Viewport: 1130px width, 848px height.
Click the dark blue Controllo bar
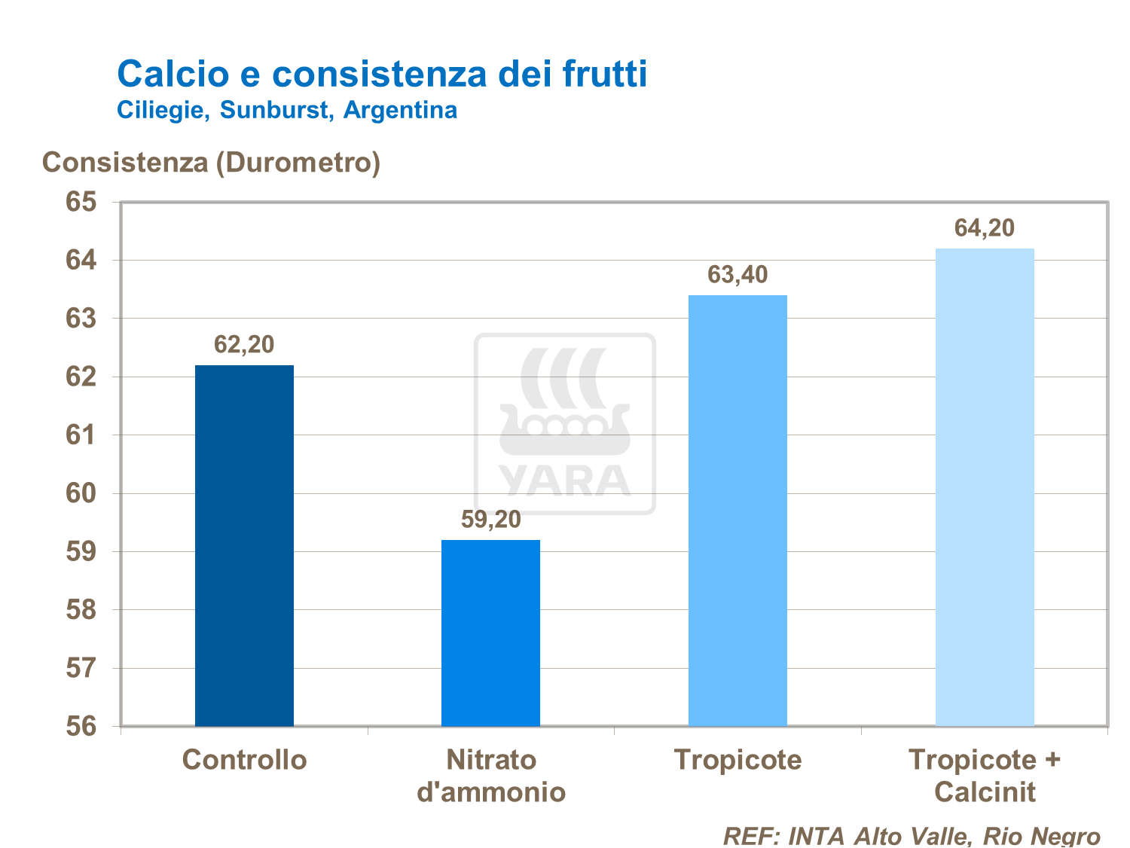point(244,545)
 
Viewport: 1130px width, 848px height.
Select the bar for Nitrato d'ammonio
point(490,633)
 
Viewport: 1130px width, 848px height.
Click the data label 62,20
point(244,345)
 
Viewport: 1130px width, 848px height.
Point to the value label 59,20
point(490,520)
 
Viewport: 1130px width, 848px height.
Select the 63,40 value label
point(738,275)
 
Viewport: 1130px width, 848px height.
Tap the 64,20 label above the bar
point(985,228)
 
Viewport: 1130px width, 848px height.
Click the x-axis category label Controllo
point(244,760)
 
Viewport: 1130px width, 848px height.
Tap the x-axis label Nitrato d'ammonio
point(491,776)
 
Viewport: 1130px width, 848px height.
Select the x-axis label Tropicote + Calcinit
point(985,776)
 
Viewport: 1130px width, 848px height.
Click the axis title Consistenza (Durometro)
point(211,163)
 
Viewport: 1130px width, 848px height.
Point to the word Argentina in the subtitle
point(400,110)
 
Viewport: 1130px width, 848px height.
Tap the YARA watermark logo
point(564,424)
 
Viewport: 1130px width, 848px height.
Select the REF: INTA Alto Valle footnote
point(912,836)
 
